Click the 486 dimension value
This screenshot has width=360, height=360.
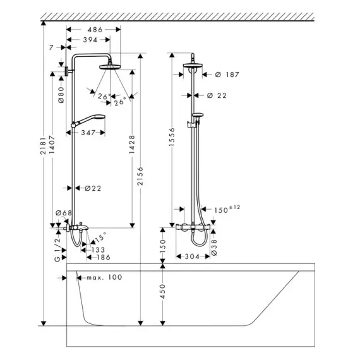(95, 30)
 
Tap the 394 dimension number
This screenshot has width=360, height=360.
(90, 40)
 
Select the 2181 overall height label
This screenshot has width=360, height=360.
(43, 145)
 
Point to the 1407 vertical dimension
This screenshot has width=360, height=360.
(52, 145)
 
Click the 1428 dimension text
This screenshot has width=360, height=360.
(132, 145)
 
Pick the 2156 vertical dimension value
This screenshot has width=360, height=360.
(140, 176)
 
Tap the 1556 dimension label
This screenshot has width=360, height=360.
(172, 137)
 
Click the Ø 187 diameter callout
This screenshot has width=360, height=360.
(227, 75)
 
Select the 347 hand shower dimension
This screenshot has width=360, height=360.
(88, 133)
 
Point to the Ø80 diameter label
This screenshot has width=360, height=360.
(61, 95)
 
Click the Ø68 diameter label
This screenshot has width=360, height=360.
(64, 213)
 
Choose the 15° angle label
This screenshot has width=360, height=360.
(100, 237)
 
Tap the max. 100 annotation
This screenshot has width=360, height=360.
(104, 277)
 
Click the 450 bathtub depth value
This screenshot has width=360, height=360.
(162, 291)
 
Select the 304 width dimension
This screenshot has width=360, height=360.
(192, 256)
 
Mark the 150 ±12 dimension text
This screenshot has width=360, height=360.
(227, 209)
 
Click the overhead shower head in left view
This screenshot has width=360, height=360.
(110, 67)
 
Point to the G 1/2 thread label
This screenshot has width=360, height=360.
(57, 249)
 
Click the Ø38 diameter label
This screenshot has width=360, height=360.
(213, 248)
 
